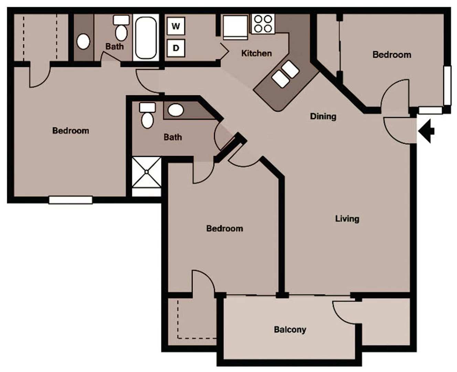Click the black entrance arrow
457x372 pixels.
[x=427, y=131]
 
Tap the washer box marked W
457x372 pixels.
[x=176, y=26]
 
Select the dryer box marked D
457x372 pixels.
[x=176, y=48]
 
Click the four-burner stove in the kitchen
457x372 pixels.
[x=263, y=24]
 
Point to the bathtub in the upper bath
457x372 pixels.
[x=146, y=38]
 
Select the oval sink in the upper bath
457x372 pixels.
[x=83, y=41]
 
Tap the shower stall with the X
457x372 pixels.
[x=147, y=172]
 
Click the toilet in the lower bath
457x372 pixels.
[x=147, y=115]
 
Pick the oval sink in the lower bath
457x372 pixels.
[x=176, y=110]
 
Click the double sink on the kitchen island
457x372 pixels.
[x=285, y=74]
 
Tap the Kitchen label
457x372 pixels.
[x=256, y=53]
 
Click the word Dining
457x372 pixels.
[x=323, y=116]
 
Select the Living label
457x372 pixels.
[x=347, y=219]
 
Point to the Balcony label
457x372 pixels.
[x=290, y=330]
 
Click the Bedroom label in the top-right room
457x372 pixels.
[x=392, y=55]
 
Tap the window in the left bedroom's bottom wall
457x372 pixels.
[x=71, y=200]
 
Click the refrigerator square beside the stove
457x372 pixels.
[x=235, y=27]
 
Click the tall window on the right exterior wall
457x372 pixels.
[x=447, y=85]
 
